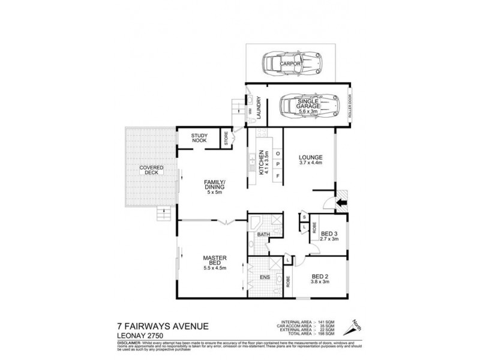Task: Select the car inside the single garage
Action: point(307,107)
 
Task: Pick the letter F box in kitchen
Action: point(278,176)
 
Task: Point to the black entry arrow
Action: point(341,204)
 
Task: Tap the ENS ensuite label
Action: point(263,278)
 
